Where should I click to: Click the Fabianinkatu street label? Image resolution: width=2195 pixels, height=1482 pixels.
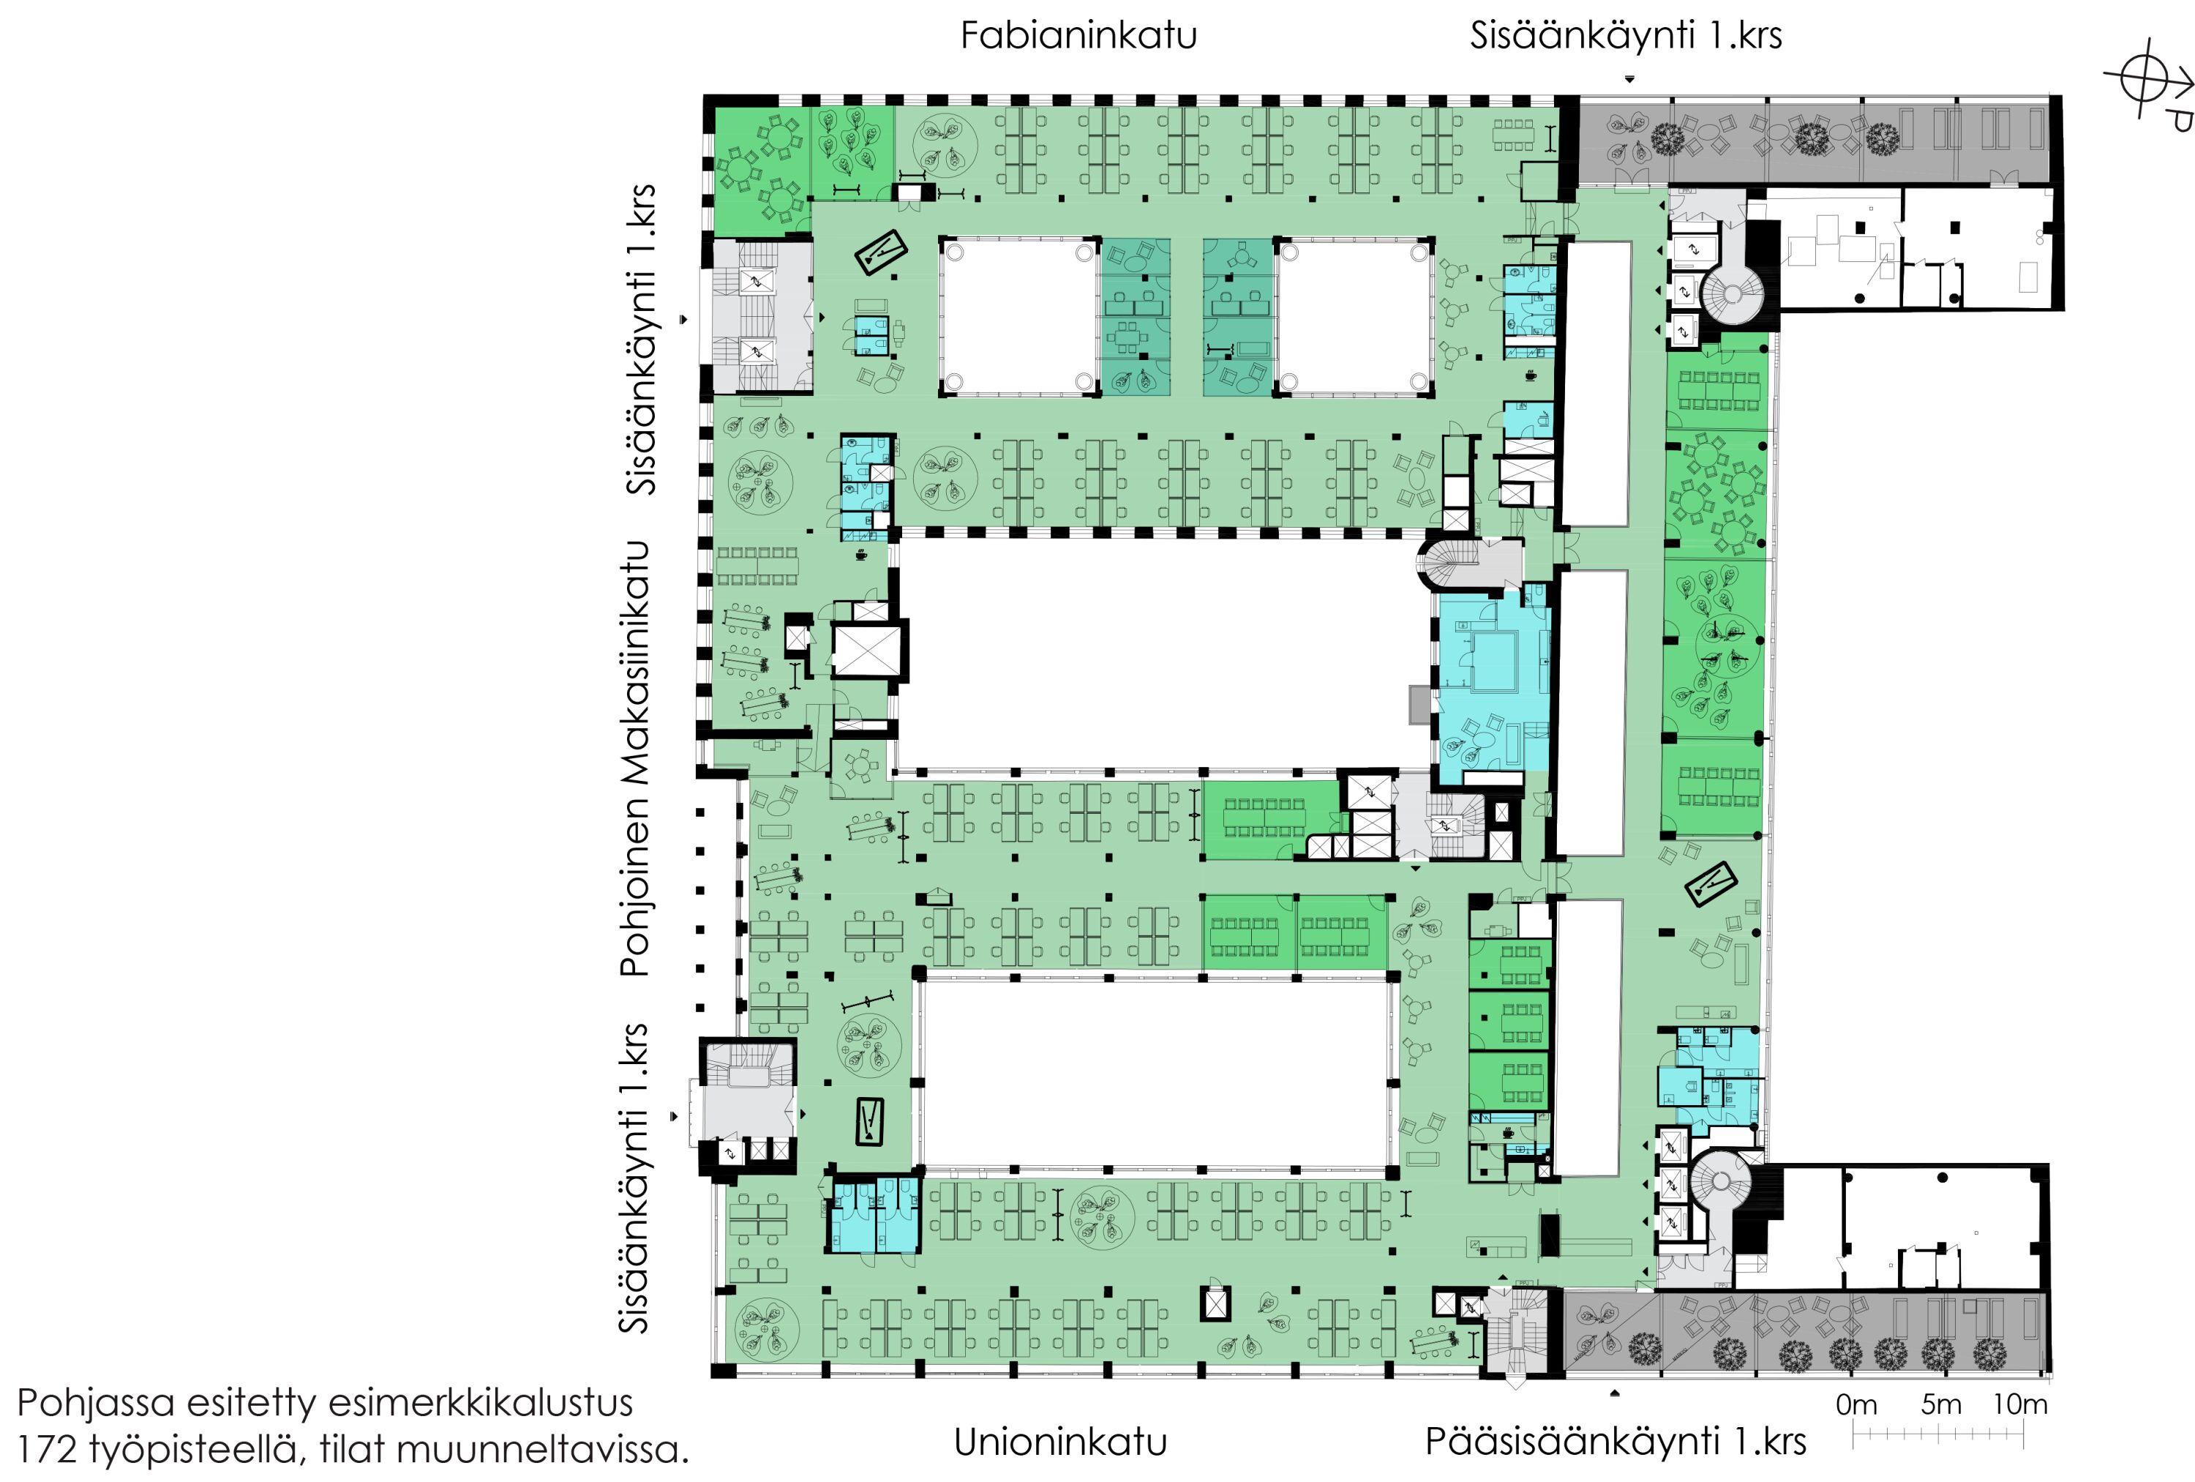pos(1078,35)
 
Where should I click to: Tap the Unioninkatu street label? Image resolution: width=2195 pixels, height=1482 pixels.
pos(1061,1442)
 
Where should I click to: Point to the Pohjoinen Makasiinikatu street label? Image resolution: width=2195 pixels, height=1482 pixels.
pos(634,758)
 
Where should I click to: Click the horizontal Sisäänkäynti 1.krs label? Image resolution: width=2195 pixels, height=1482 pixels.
pos(1626,36)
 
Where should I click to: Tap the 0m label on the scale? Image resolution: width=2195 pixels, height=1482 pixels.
pos(1856,1404)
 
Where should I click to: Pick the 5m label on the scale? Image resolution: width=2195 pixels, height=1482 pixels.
pos(1941,1404)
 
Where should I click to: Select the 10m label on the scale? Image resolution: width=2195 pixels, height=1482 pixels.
pos(2020,1404)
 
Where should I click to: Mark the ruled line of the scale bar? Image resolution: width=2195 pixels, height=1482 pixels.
pos(1938,1434)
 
